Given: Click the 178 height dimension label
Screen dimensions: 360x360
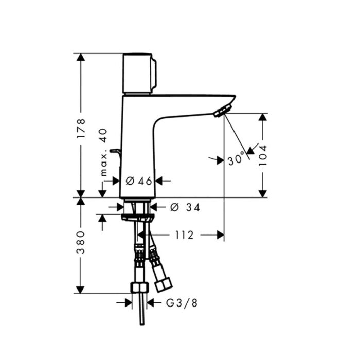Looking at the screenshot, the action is coord(81,129).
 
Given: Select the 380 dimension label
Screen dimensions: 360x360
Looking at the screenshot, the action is coord(81,242).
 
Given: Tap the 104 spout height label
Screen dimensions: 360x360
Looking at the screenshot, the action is coord(263,155).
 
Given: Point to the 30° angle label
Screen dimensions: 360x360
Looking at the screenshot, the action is coord(236,158).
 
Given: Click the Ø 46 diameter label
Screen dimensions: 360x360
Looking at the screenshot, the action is coord(139,181).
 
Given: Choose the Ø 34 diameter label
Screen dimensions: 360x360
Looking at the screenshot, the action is coord(185,208).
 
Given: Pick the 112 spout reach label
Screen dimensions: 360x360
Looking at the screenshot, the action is coord(184,235).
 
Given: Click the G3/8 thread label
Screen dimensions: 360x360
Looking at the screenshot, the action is coord(182,303).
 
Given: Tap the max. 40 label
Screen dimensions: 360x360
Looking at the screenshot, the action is coord(104,152).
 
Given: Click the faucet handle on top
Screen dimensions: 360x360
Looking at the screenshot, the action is coord(139,74).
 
